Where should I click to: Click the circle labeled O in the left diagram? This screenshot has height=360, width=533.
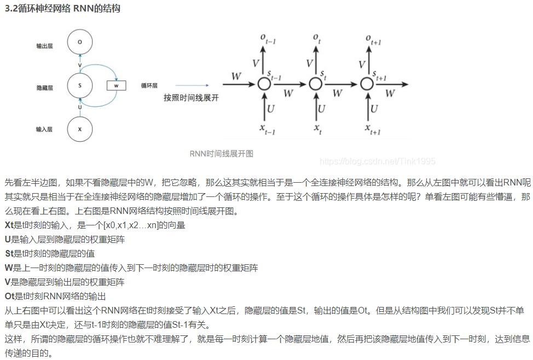(x=80, y=42)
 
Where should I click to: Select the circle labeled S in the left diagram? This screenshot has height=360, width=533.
(x=80, y=85)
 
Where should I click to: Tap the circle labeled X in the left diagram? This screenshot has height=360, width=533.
(x=80, y=129)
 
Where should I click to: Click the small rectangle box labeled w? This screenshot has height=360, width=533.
(x=116, y=85)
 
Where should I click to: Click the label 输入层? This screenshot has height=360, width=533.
(x=44, y=130)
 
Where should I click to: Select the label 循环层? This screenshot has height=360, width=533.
(x=149, y=85)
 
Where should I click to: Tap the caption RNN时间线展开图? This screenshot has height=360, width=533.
(x=221, y=154)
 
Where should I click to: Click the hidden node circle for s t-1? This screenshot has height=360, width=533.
(x=264, y=84)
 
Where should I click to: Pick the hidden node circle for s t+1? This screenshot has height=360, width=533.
(x=366, y=84)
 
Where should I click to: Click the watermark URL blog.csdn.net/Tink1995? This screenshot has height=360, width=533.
(x=377, y=161)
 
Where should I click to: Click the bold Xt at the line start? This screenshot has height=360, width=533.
(x=9, y=225)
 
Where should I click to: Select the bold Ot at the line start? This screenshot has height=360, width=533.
(x=9, y=296)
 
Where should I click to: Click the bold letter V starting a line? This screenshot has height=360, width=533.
(x=7, y=282)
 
